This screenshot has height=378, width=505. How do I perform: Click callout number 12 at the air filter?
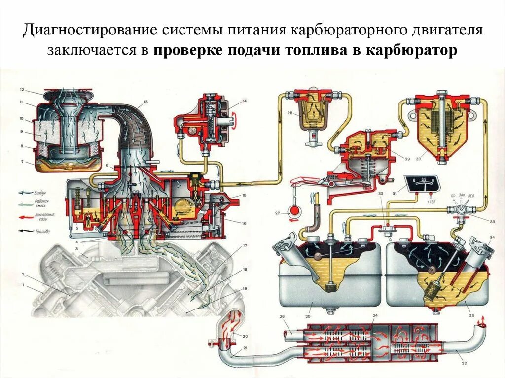[22, 90]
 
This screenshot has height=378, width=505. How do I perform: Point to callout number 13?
[145, 102]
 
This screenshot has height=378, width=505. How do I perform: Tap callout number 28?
[290, 113]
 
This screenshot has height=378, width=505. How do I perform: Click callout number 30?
[419, 159]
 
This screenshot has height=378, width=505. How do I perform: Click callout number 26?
[282, 317]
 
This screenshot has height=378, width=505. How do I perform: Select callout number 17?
[244, 245]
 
